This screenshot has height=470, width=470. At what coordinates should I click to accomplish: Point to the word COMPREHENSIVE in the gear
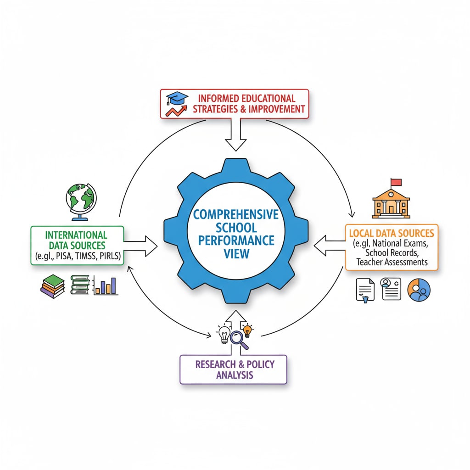[235, 214]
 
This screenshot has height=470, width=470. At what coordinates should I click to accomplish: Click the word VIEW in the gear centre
[235, 253]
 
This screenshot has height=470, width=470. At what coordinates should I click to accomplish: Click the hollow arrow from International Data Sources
[140, 246]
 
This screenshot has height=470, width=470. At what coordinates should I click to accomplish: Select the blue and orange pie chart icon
[419, 290]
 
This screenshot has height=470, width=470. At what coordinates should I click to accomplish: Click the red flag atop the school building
[395, 182]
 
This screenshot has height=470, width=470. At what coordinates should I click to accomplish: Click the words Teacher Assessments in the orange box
[392, 262]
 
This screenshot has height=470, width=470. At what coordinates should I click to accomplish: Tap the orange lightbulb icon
[247, 330]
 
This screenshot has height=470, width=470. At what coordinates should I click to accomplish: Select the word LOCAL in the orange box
[362, 233]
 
